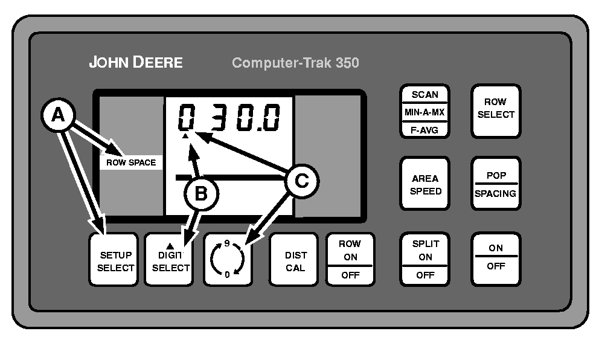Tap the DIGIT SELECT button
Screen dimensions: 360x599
pos(169,259)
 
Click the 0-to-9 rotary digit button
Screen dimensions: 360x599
pos(229,259)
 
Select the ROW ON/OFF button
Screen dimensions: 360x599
pos(350,259)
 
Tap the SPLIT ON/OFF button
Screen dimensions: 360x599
pos(425,259)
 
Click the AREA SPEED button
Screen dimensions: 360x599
pos(425,185)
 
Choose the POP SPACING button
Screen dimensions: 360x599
pos(495,185)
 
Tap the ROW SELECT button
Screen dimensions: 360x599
pos(495,109)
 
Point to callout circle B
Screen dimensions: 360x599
pos(201,193)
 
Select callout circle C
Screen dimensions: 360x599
pos(301,179)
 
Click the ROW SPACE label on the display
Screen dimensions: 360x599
pos(131,162)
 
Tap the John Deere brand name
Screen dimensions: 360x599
pos(136,62)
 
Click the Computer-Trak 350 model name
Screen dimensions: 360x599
pos(295,63)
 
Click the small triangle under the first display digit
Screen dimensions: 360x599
pos(186,137)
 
